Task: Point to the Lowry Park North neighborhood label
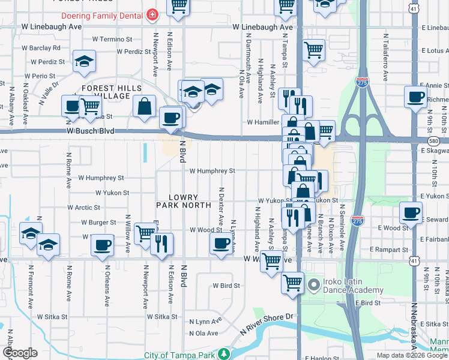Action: [x=184, y=201]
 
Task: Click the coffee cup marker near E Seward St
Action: [x=411, y=212]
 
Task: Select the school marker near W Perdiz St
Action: [x=85, y=61]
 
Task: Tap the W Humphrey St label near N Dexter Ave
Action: [x=212, y=171]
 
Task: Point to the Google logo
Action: [x=19, y=353]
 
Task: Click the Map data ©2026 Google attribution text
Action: [x=412, y=355]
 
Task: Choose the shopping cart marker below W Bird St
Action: [x=292, y=281]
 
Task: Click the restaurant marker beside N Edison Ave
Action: [x=161, y=243]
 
